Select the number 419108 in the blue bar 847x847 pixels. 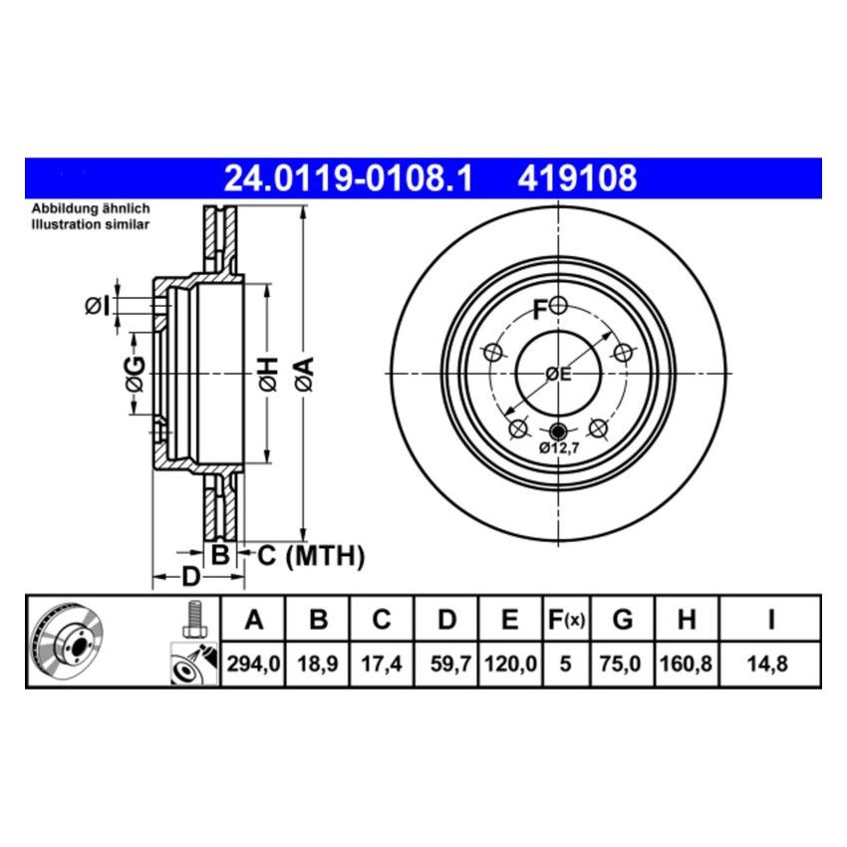[576, 179]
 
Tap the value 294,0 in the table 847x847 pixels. [254, 663]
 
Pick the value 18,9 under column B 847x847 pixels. [318, 663]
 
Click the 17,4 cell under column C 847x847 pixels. [382, 663]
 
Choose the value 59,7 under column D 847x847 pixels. [446, 663]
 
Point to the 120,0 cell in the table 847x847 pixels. [510, 663]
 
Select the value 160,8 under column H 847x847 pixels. [686, 663]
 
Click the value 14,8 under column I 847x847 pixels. [770, 663]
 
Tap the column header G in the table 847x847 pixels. [622, 621]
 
